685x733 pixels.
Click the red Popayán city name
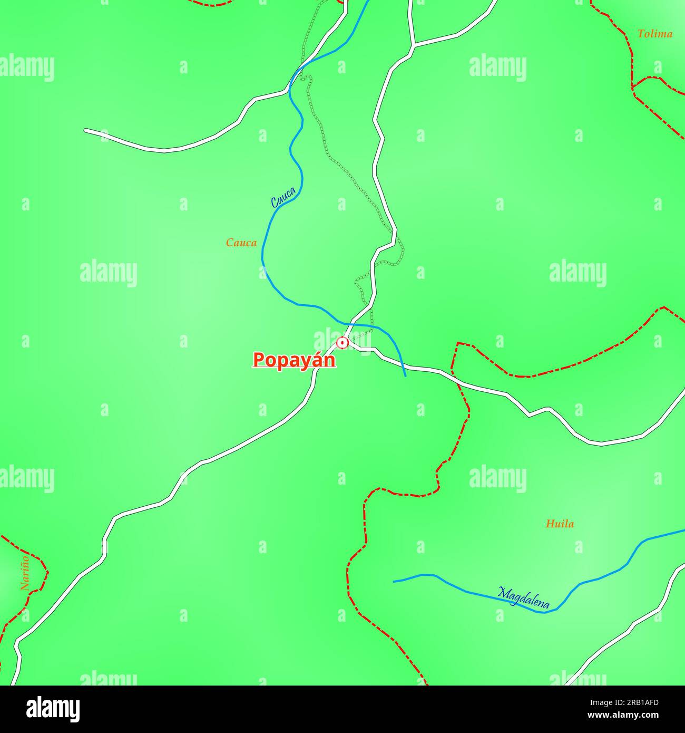pos(294,360)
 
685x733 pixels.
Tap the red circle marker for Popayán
pos(342,343)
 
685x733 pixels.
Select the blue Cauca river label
pos(283,197)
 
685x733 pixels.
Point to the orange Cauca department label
pos(241,243)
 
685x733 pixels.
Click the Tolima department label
pos(654,34)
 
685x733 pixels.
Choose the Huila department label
pos(560,524)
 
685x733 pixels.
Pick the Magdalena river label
pos(524,598)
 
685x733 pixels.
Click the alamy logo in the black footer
pos(53,709)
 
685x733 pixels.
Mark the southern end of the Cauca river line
pos(405,375)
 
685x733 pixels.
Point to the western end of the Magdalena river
pos(394,581)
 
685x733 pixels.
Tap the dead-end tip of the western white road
pos(86,130)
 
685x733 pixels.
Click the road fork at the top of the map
pos(413,45)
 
